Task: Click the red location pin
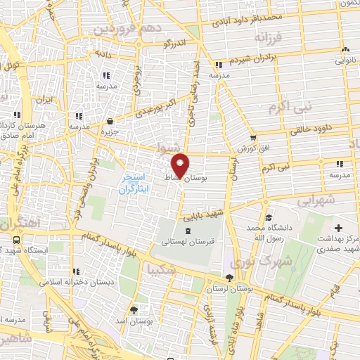point(180,165)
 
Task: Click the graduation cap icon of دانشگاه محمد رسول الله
point(266,218)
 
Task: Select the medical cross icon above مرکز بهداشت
point(339,228)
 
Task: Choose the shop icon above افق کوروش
point(252,137)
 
